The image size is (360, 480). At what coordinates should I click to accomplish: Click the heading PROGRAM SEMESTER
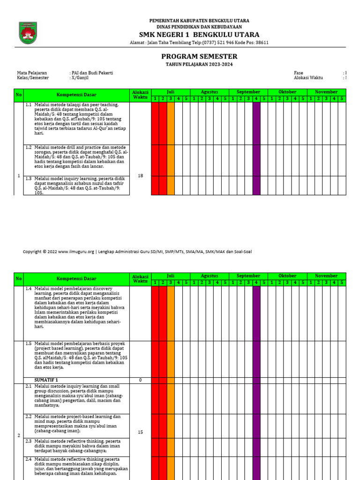pyautogui.click(x=199, y=56)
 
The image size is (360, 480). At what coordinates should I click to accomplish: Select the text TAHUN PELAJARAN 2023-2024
pyautogui.click(x=199, y=64)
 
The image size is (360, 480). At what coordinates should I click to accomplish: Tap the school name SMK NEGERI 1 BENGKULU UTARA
pyautogui.click(x=199, y=35)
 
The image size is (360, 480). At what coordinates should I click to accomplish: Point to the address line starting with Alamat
pyautogui.click(x=199, y=43)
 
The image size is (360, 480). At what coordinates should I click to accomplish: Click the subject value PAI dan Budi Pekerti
pyautogui.click(x=92, y=73)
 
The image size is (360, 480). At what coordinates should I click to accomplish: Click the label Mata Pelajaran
pyautogui.click(x=32, y=73)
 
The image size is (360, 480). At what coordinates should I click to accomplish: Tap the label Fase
pyautogui.click(x=298, y=73)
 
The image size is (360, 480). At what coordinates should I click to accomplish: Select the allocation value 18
pyautogui.click(x=140, y=175)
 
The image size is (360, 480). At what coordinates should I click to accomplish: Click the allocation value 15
pyautogui.click(x=140, y=432)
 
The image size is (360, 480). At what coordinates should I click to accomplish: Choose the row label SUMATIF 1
pyautogui.click(x=46, y=380)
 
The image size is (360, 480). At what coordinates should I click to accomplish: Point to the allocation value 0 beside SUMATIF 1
pyautogui.click(x=140, y=380)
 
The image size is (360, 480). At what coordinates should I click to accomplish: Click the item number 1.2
pyautogui.click(x=29, y=147)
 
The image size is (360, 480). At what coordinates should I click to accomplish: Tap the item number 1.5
pyautogui.click(x=29, y=344)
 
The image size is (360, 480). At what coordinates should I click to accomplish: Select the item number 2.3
pyautogui.click(x=29, y=441)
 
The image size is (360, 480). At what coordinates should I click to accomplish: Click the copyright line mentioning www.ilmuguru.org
pyautogui.click(x=137, y=252)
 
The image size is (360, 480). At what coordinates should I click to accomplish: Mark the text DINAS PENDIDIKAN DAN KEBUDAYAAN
pyautogui.click(x=199, y=27)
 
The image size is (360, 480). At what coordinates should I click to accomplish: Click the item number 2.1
pyautogui.click(x=29, y=386)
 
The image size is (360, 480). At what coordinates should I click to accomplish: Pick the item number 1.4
pyautogui.click(x=29, y=289)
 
